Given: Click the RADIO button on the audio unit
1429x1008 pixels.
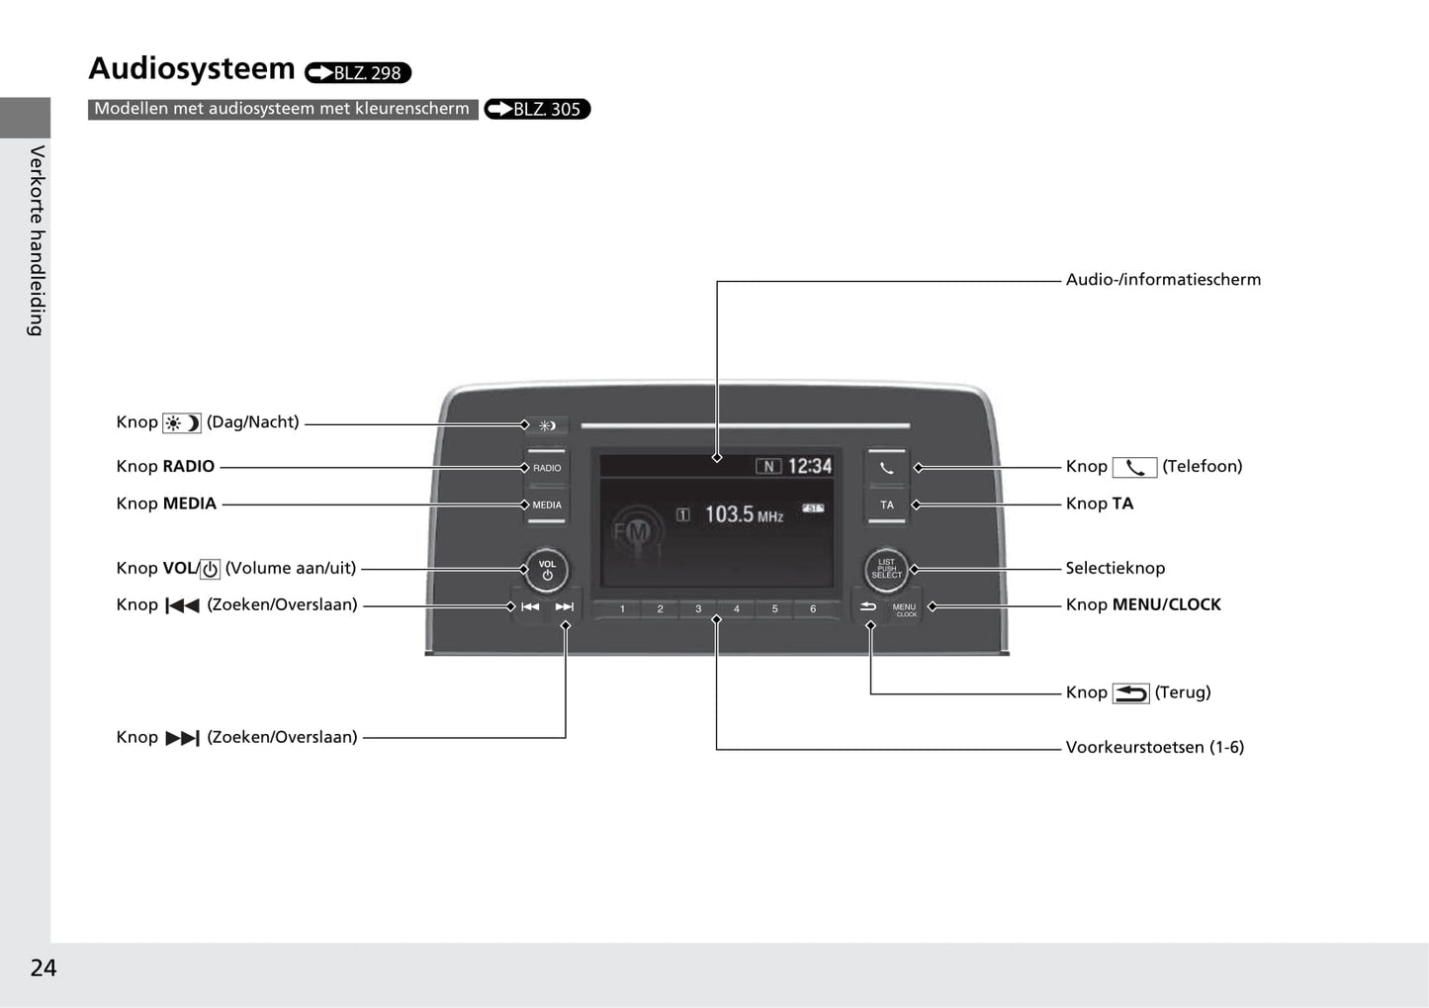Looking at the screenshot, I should coord(547,468).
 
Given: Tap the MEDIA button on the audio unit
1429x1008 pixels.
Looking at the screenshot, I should coord(547,504).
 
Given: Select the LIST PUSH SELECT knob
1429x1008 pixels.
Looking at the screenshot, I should coord(886,569).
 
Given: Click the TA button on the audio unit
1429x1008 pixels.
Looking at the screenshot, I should coord(887,504).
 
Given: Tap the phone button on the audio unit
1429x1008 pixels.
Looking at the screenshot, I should coord(887,468).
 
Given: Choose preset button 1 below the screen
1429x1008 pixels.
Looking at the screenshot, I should coord(622,608).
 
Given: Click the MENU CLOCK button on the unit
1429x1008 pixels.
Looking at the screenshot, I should coord(904,608).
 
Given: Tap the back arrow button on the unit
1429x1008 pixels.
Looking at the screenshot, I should coord(868,606).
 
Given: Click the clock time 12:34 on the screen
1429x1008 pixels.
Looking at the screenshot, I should coord(809,466).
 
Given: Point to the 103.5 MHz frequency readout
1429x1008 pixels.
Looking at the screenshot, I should coord(743,514).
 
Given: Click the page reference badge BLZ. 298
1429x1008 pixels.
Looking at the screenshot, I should coord(358,72).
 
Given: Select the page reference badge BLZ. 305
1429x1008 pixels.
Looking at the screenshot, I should coord(537,109).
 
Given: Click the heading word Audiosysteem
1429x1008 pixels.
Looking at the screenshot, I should coord(192,68).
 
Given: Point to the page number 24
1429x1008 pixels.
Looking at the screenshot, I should coord(44,967).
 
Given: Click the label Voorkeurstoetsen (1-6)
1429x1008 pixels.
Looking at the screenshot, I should coord(1154,747).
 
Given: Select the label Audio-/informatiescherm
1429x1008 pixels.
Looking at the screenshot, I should coord(1163,279).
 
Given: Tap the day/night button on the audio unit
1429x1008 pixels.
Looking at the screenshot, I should coord(547,425).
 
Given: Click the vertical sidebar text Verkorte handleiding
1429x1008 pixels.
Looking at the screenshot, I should coord(37,240).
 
